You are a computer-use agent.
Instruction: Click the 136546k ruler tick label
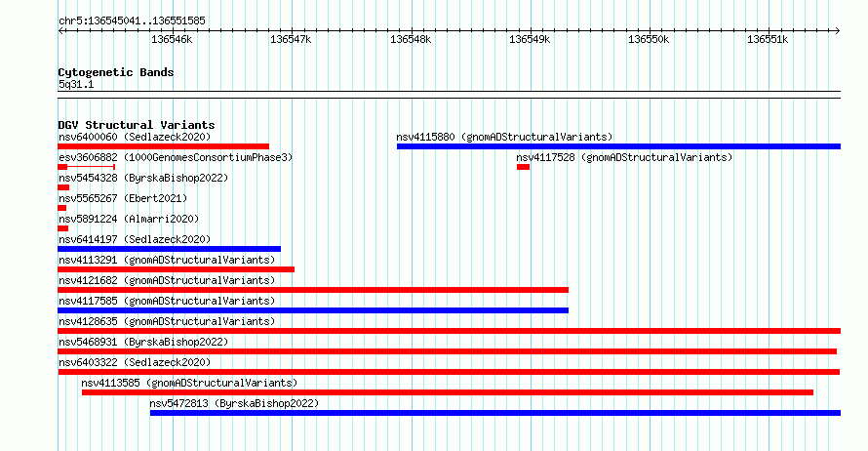172,39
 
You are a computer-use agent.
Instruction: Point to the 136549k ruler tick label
530,39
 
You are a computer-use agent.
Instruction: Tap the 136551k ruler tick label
768,39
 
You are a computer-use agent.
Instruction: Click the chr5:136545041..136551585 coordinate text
132,20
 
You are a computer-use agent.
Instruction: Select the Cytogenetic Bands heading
116,72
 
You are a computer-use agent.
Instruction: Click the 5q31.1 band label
76,84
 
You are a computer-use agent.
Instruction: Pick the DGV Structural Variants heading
137,125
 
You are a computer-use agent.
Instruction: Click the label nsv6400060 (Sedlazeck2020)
135,137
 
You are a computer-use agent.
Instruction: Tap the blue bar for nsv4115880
618,146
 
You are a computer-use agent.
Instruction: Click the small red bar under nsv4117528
523,167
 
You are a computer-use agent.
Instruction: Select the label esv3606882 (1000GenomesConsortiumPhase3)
176,157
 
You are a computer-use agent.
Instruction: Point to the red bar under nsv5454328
63,187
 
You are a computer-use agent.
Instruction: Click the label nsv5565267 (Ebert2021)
123,198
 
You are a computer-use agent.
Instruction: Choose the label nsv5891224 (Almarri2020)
129,219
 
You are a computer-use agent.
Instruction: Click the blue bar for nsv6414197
170,249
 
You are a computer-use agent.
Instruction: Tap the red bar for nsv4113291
176,269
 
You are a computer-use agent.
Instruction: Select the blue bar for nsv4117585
313,310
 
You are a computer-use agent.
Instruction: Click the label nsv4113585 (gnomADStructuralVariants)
189,383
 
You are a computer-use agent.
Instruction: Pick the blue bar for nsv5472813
494,413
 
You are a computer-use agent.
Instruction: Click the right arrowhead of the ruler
838,31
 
